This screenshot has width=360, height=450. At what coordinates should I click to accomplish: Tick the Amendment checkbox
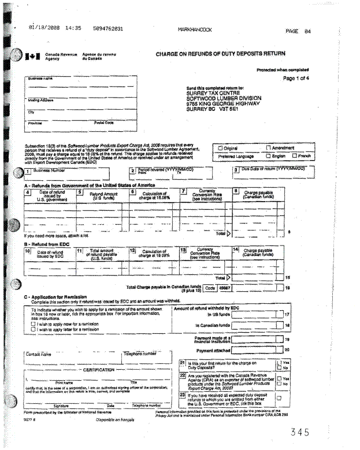[268, 147]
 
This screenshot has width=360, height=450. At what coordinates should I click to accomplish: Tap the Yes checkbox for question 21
[278, 362]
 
